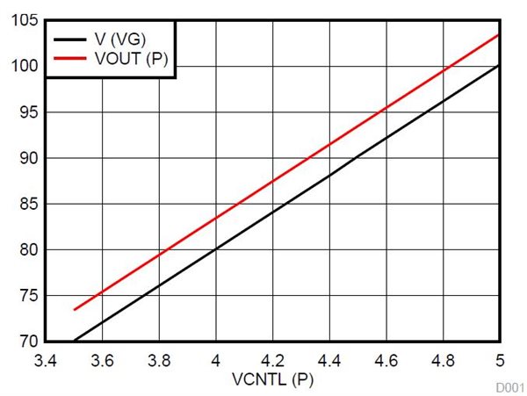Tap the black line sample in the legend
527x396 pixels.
coord(69,39)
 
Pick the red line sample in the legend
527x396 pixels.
coord(69,59)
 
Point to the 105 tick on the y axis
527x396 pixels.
coord(23,20)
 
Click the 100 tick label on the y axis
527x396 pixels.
coord(23,66)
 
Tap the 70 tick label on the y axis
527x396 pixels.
coord(26,341)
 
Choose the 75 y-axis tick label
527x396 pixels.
coord(26,295)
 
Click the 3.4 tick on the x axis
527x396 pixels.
coord(46,360)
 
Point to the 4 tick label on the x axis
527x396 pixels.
coord(215,360)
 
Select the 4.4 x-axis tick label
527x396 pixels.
coord(329,360)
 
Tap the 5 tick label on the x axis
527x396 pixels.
coord(500,360)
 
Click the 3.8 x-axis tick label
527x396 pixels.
coord(159,360)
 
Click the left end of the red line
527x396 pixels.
coord(75,309)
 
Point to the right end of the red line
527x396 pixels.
coord(499,35)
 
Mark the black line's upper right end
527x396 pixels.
coord(499,66)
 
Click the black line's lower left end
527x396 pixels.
coord(75,341)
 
